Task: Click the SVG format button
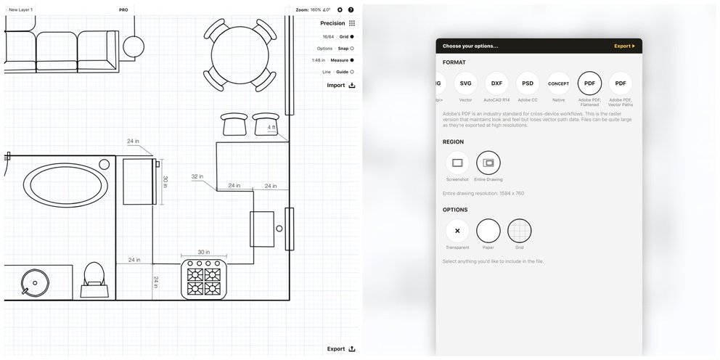466,83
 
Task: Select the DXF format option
496,83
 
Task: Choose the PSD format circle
528,83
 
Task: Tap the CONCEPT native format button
558,83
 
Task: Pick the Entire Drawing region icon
488,163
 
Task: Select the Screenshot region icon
457,163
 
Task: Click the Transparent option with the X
457,231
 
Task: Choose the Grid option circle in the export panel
519,231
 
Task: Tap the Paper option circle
488,231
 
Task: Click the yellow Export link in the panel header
623,46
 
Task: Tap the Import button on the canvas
340,85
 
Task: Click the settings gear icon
340,10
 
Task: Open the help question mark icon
351,10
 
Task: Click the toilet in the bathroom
94,278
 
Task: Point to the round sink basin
32,282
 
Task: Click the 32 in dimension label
198,176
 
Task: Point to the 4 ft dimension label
271,127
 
